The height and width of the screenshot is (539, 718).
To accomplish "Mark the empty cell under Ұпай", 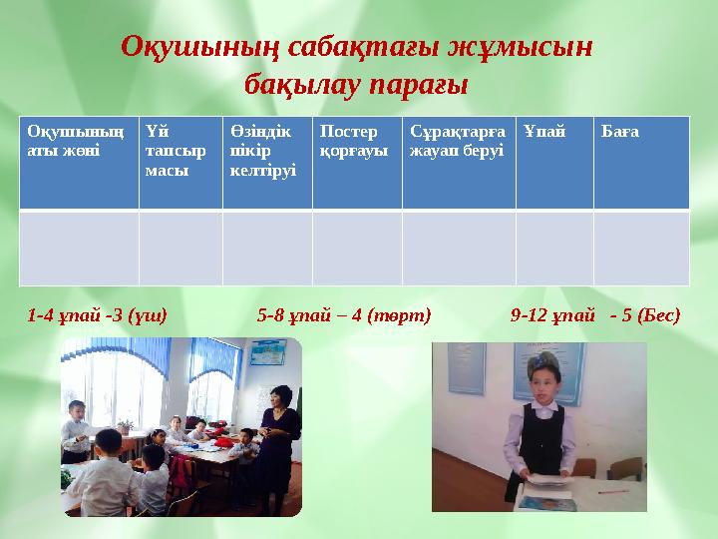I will point(554,248).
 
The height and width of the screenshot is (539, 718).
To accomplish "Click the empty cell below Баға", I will point(641,248).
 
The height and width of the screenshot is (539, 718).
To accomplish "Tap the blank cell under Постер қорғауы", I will point(357,248).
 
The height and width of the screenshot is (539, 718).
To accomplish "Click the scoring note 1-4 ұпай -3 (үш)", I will point(98,315).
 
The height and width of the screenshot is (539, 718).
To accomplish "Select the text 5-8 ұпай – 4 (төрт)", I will point(344,315).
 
